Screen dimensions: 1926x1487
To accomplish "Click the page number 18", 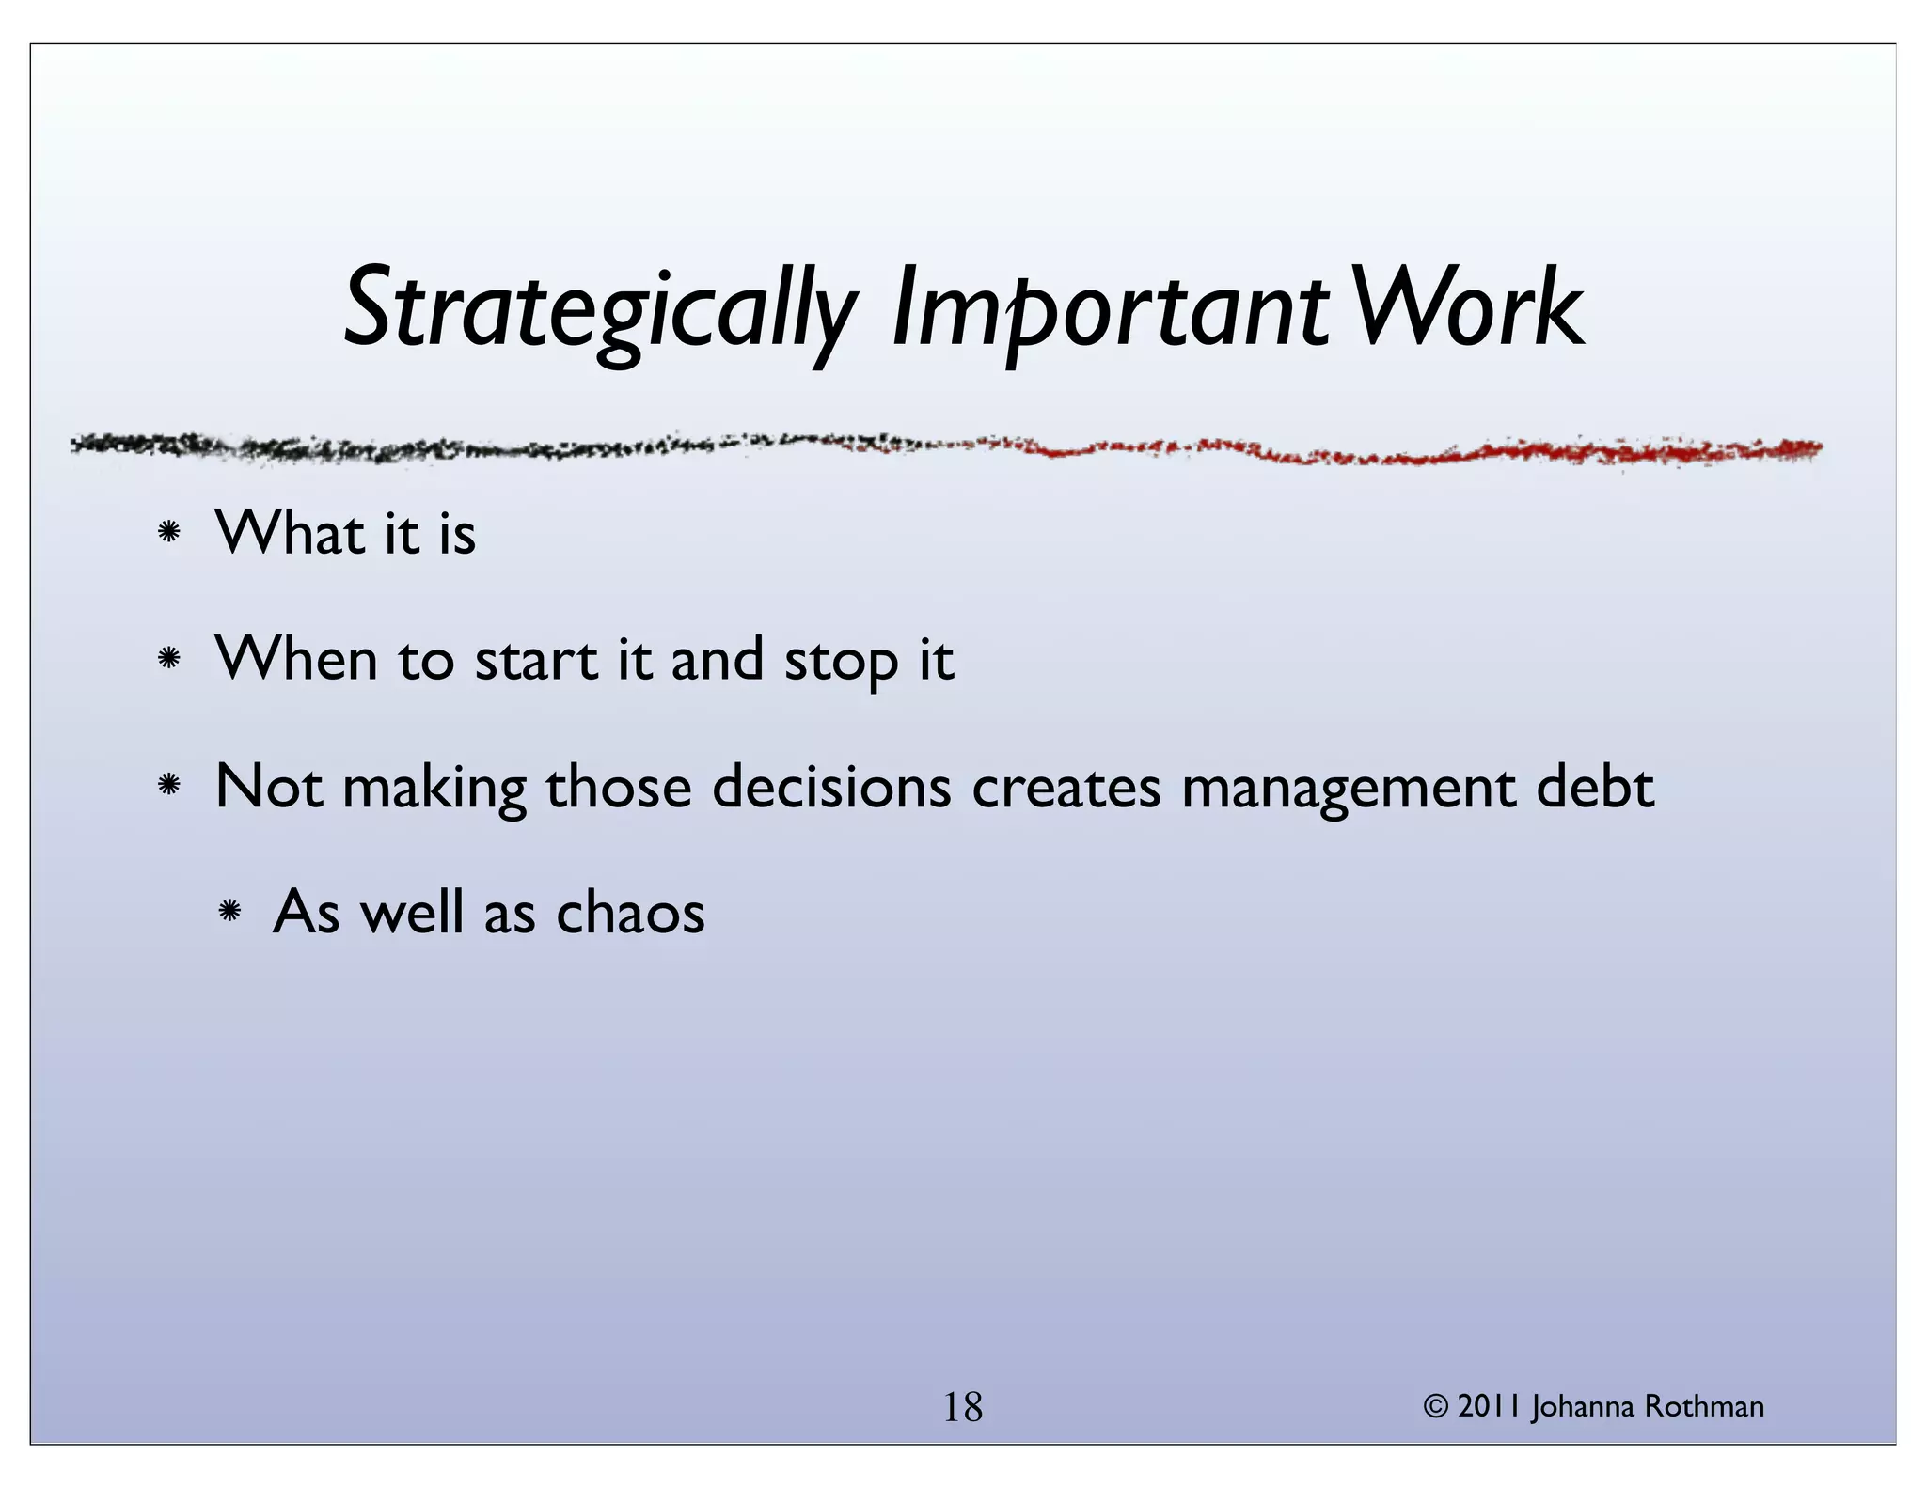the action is click(x=962, y=1408).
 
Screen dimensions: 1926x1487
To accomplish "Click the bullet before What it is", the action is click(x=169, y=533).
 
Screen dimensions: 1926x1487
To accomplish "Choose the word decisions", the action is click(x=831, y=787).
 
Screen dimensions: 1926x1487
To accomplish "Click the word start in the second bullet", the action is click(x=536, y=660).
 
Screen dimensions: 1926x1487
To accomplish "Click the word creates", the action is click(x=1066, y=788).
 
